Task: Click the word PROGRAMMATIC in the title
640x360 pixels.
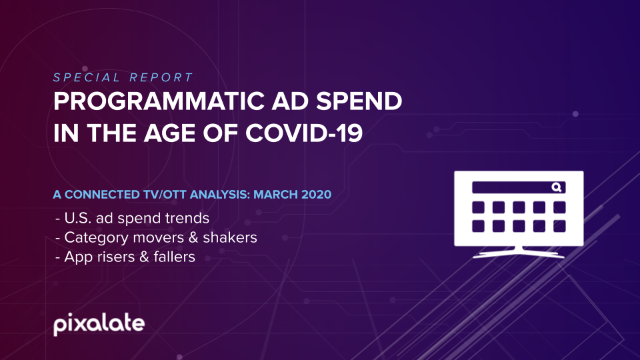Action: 159,101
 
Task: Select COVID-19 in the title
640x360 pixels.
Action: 304,133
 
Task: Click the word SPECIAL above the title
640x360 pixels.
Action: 87,77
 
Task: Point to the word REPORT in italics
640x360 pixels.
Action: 161,77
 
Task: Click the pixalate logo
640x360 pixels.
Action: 99,325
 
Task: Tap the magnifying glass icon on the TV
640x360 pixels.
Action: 557,187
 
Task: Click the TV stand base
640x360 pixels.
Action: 519,254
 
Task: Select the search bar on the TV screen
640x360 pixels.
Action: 519,187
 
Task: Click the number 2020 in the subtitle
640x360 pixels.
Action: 316,194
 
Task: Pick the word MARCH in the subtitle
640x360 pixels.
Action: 275,194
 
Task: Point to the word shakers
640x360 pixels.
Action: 230,237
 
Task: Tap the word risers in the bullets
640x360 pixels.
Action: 115,257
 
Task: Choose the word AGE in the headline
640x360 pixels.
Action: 170,133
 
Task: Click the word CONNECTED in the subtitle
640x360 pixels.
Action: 102,194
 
